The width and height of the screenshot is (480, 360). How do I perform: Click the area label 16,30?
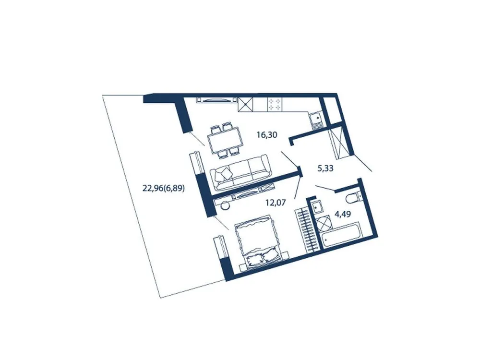(x=267, y=135)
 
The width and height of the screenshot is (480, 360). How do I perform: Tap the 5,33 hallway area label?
(x=326, y=168)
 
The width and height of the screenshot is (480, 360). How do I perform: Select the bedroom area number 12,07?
(x=276, y=203)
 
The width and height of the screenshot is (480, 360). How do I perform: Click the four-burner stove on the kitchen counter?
(x=275, y=104)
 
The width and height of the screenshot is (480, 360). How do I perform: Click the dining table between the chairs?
(x=224, y=140)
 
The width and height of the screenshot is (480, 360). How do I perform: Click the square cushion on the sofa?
(x=222, y=174)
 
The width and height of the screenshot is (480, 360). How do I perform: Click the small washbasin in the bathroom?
(x=316, y=206)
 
